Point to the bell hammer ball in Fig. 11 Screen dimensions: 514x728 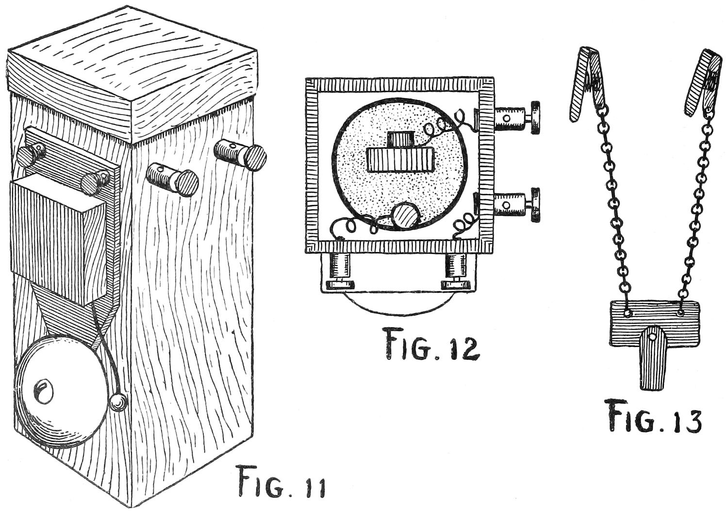(117, 402)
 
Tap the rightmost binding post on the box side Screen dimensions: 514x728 (240, 154)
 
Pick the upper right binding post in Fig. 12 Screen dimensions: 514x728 (517, 118)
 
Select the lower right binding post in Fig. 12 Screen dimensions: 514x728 (517, 205)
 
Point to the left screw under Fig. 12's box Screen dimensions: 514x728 (340, 272)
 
